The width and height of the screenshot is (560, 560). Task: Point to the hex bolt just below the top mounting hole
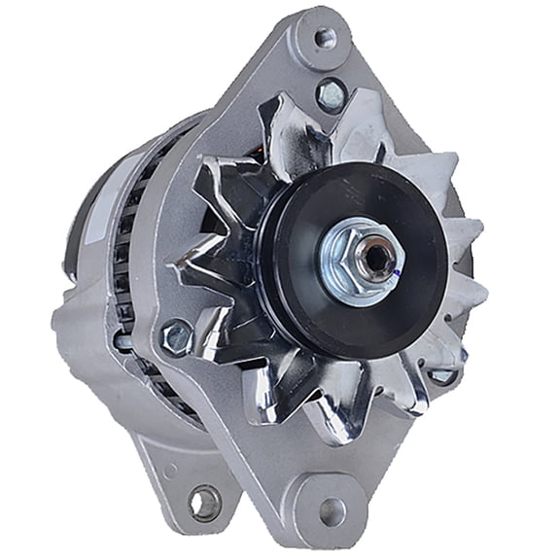click(332, 93)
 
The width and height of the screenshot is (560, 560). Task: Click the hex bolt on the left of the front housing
click(176, 336)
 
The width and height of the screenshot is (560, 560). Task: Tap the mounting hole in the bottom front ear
click(332, 509)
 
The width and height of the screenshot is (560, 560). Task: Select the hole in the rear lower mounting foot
click(205, 503)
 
